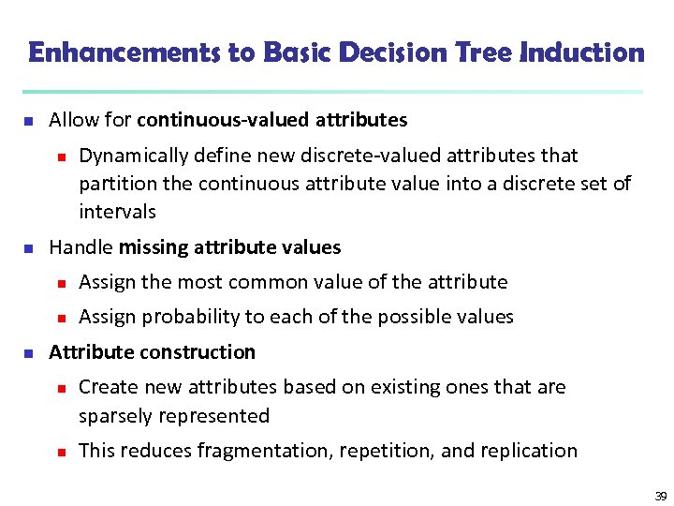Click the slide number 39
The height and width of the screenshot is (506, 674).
(661, 496)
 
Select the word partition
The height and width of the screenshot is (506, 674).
(116, 183)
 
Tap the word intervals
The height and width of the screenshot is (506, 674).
(117, 212)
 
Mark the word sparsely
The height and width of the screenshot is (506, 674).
(116, 416)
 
